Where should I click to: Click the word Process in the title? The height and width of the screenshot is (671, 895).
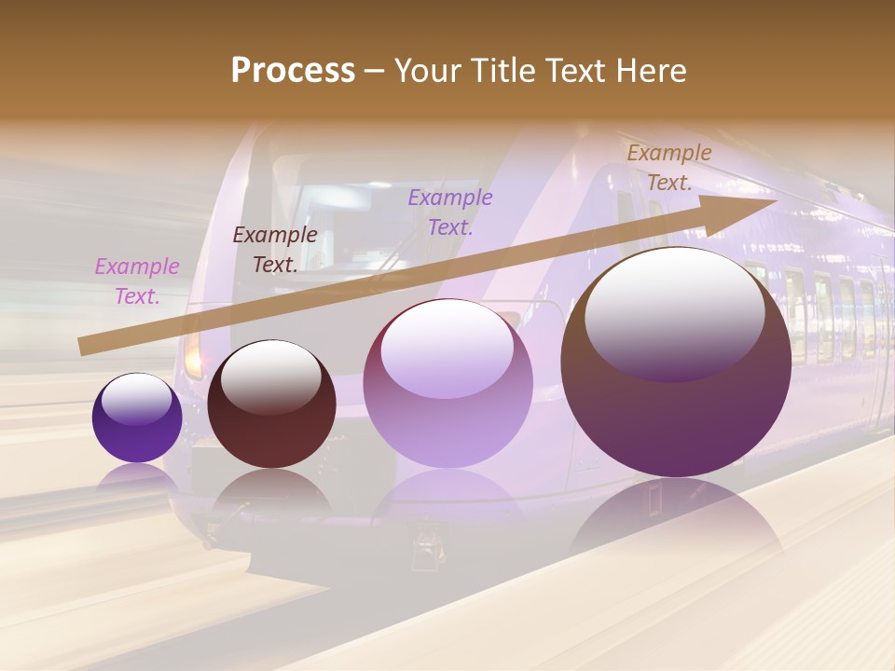tap(293, 71)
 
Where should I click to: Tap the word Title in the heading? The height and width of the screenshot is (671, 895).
tap(502, 71)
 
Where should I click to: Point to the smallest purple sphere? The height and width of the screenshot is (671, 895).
tap(137, 418)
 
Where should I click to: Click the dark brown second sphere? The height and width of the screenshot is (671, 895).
tap(271, 404)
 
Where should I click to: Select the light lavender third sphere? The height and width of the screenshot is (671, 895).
tap(447, 383)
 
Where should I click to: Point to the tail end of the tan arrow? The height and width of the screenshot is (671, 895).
tap(86, 346)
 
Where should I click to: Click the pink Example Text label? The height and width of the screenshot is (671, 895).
tap(137, 281)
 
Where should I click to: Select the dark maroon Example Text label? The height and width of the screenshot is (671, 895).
tap(275, 250)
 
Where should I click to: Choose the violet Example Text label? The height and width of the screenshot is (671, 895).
tap(450, 212)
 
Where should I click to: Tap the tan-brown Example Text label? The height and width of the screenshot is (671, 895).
tap(669, 168)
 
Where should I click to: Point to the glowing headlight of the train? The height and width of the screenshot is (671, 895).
tap(193, 354)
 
